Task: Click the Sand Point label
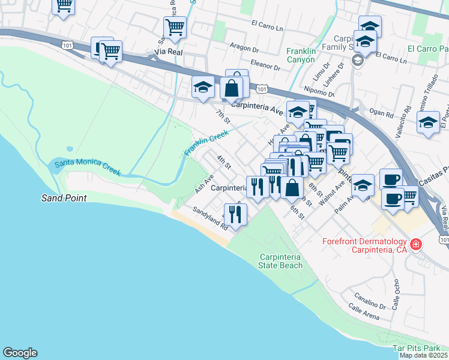64,198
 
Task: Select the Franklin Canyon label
309,55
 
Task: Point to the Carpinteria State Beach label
280,260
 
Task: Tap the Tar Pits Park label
416,348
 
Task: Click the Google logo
20,353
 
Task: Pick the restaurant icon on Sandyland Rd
235,214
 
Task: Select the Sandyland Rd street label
210,219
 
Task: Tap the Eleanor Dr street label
267,65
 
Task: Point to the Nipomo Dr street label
319,90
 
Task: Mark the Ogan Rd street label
381,113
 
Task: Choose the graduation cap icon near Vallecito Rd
427,124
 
